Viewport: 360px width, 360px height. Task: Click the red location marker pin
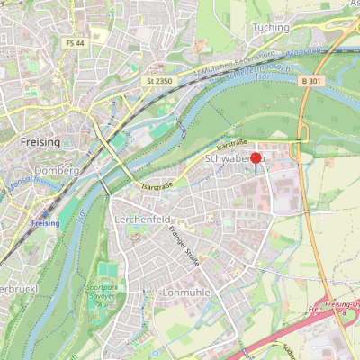click(x=256, y=161)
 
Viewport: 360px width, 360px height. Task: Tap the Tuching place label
click(x=271, y=28)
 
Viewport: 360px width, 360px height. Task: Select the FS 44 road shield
click(x=74, y=43)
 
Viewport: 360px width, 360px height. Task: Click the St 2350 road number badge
click(x=157, y=82)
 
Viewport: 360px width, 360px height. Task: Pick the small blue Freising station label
click(x=45, y=222)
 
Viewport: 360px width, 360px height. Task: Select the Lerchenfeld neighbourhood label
click(x=143, y=220)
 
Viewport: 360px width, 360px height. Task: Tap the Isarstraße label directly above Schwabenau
click(x=232, y=144)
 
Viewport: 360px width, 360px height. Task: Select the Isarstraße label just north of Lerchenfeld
click(x=157, y=186)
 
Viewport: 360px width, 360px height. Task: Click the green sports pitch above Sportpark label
click(x=108, y=270)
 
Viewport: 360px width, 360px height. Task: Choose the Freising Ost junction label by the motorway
click(x=342, y=307)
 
